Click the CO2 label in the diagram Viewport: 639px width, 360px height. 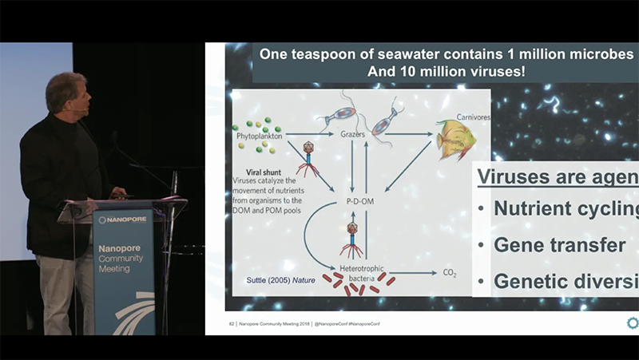450,273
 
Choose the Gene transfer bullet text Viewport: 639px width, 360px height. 559,245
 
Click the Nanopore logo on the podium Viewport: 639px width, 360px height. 124,220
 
